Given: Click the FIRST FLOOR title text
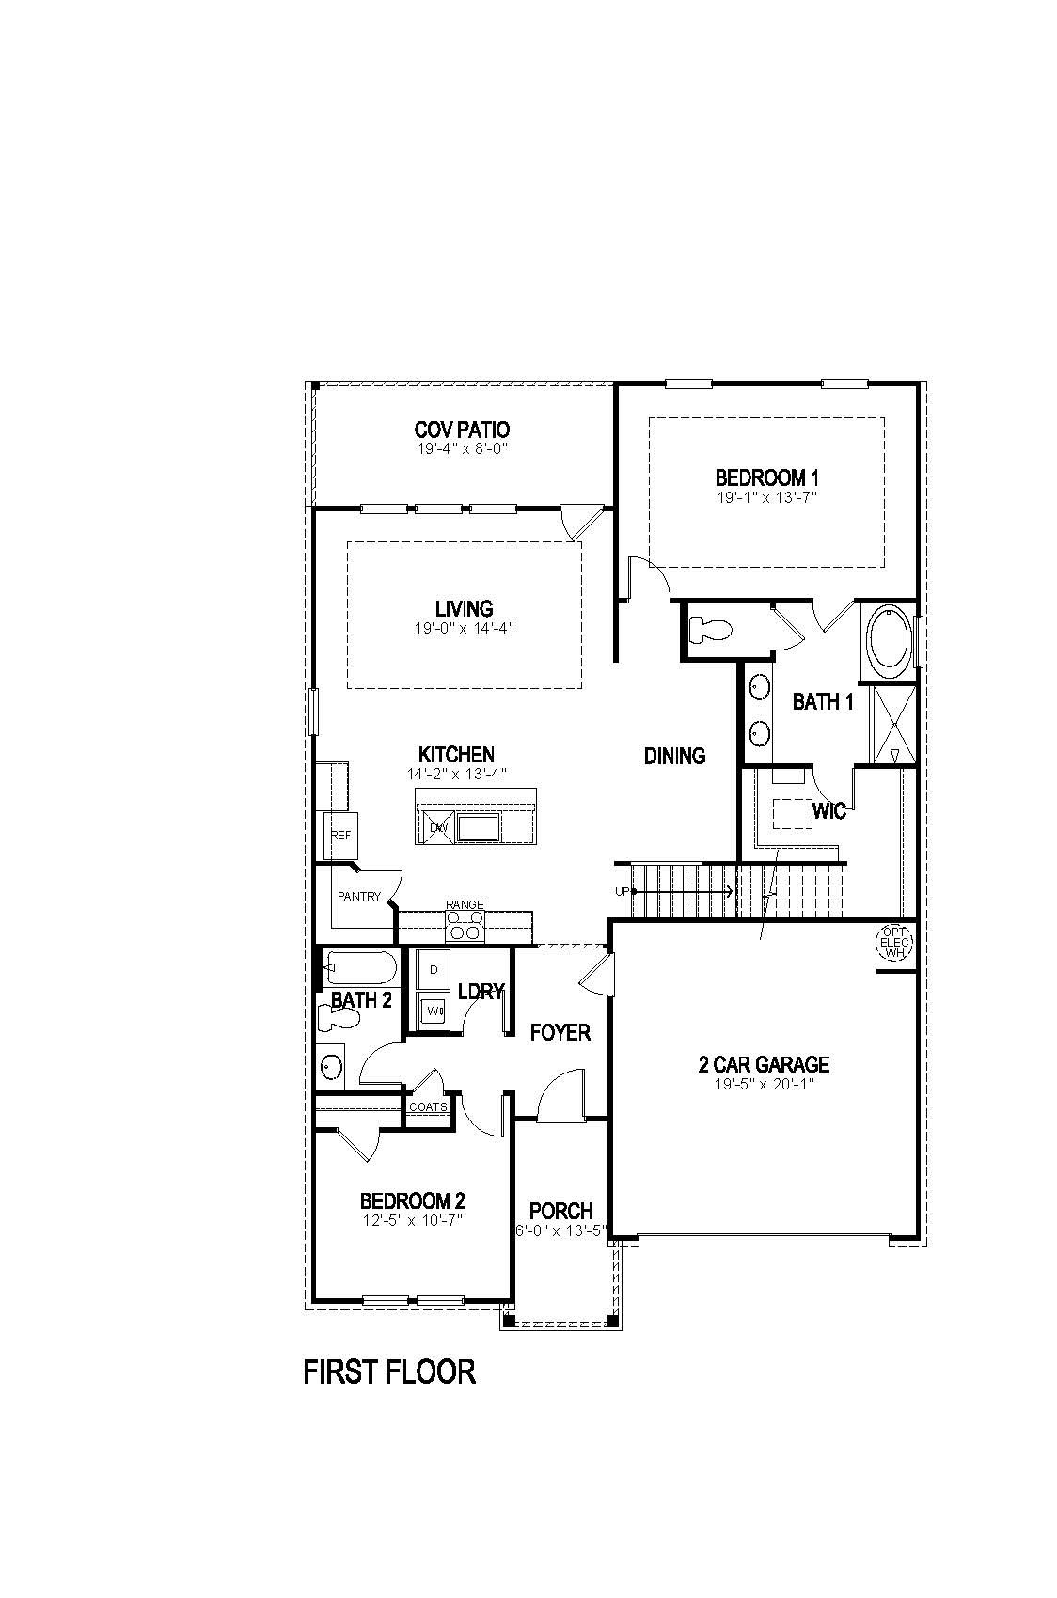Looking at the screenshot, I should (x=389, y=1371).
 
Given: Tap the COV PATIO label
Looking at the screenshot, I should (x=462, y=431).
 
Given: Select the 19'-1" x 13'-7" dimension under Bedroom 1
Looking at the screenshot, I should (x=766, y=496).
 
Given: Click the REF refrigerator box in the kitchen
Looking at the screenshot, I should (x=339, y=835).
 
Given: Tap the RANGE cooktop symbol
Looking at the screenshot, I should (x=465, y=925).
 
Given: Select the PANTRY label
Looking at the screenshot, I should (x=358, y=897).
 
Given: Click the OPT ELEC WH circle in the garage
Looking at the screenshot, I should (x=893, y=942).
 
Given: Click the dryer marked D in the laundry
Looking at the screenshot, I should (x=434, y=969).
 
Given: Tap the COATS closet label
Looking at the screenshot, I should (x=428, y=1107).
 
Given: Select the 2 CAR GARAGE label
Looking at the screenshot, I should (x=764, y=1064).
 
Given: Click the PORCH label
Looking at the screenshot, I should (x=560, y=1211).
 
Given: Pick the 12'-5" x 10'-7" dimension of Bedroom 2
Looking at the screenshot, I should (x=413, y=1220).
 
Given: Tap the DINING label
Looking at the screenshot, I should (x=674, y=755).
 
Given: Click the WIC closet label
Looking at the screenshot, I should (x=828, y=810).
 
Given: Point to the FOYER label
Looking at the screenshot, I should (x=560, y=1032).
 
